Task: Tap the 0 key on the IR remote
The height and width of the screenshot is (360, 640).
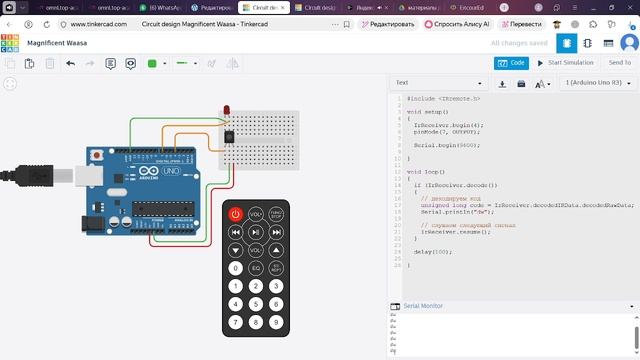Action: pyautogui.click(x=236, y=268)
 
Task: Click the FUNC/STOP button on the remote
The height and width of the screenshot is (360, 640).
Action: pyautogui.click(x=275, y=214)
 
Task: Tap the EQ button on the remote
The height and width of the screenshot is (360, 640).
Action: pyautogui.click(x=255, y=268)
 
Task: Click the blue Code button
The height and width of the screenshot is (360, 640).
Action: pyautogui.click(x=511, y=63)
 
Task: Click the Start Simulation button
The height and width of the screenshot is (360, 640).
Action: pyautogui.click(x=563, y=63)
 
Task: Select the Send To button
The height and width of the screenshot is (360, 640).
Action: pyautogui.click(x=619, y=63)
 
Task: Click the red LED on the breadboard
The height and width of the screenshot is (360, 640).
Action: pyautogui.click(x=228, y=109)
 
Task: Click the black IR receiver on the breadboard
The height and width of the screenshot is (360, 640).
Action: pyautogui.click(x=230, y=134)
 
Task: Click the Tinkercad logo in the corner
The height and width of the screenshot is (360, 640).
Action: pyautogui.click(x=10, y=44)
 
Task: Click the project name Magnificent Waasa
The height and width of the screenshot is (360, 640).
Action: pyautogui.click(x=57, y=44)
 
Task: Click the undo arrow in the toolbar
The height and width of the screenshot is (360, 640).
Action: pyautogui.click(x=70, y=63)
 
